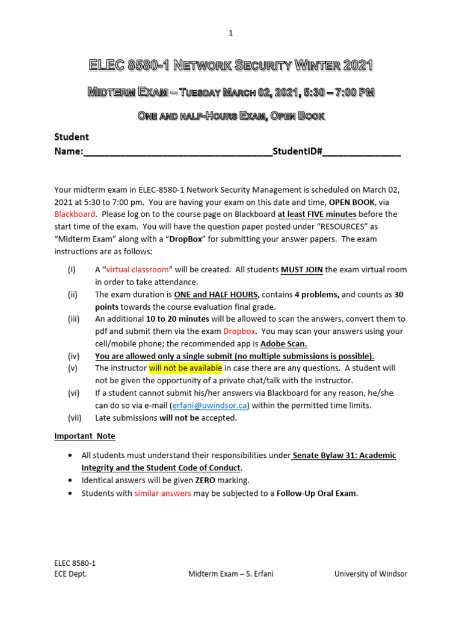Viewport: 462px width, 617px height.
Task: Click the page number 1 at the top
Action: coord(230,33)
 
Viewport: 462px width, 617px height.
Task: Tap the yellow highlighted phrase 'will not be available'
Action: coord(186,368)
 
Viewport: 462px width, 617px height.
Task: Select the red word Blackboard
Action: coord(75,214)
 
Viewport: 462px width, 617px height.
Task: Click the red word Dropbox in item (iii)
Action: coord(239,331)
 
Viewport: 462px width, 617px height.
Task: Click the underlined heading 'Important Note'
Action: coord(84,436)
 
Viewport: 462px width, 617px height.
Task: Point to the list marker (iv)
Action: coord(73,355)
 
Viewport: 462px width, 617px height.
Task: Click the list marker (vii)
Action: coord(73,418)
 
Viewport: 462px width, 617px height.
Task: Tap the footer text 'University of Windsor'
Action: coord(371,574)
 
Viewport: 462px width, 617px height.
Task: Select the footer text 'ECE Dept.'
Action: coord(70,574)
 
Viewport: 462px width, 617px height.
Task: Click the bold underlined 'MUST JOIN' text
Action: coord(302,269)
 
